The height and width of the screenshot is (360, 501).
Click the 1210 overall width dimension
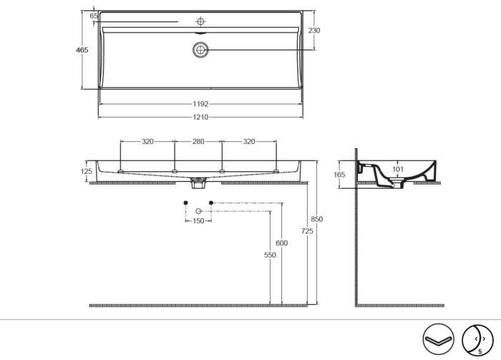click(x=200, y=117)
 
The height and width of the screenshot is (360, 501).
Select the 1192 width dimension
click(x=200, y=104)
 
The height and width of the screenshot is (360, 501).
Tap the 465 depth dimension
click(x=82, y=50)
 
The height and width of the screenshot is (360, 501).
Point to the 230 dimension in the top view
click(x=314, y=30)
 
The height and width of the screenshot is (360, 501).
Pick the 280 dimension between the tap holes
click(x=198, y=142)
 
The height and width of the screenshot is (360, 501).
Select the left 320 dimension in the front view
click(x=147, y=142)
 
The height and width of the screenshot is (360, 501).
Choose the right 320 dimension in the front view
click(x=249, y=142)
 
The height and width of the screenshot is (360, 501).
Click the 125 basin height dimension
click(x=87, y=172)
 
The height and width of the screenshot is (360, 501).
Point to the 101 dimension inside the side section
click(x=399, y=170)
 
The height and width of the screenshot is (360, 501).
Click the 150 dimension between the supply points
click(x=198, y=221)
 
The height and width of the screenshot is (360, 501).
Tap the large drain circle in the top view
click(x=200, y=49)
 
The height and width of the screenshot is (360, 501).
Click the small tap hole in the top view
click(x=200, y=21)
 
